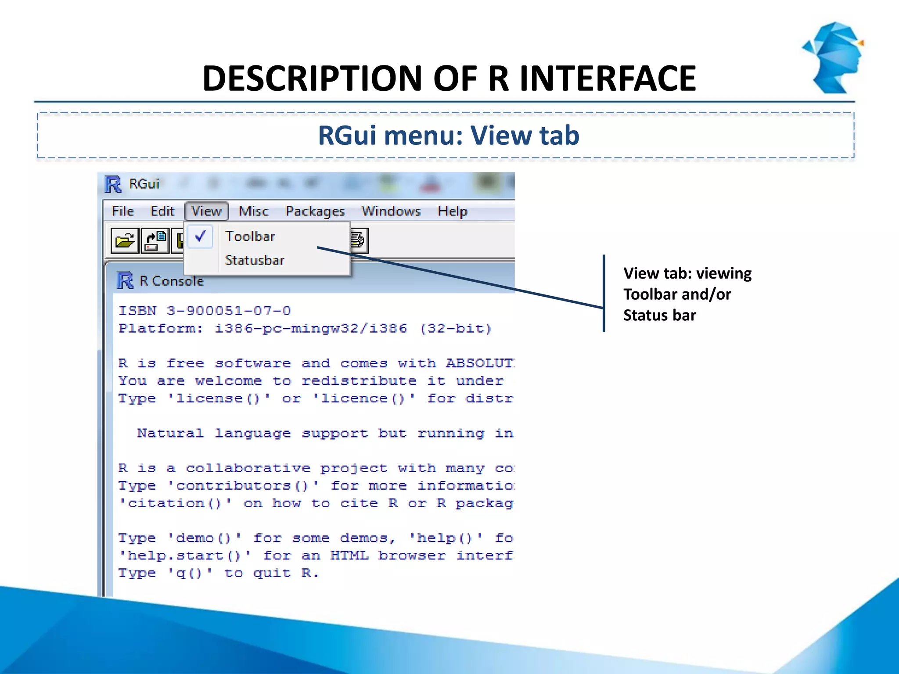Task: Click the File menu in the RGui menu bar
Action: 122,211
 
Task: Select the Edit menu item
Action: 162,211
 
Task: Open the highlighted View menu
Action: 206,211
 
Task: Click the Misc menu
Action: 253,211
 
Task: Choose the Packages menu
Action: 315,211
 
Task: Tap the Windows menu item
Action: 391,211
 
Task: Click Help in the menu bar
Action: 452,211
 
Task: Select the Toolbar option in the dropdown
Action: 250,236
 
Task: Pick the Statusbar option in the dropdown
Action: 255,260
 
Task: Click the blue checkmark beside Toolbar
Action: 200,236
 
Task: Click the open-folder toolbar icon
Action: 125,240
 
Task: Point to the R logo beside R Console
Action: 125,280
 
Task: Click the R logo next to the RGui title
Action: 113,184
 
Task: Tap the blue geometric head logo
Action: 834,57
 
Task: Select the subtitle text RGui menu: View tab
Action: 449,135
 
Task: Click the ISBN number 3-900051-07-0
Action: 228,311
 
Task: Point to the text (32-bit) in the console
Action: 455,328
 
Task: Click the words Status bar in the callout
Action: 659,315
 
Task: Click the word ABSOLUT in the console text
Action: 479,363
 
